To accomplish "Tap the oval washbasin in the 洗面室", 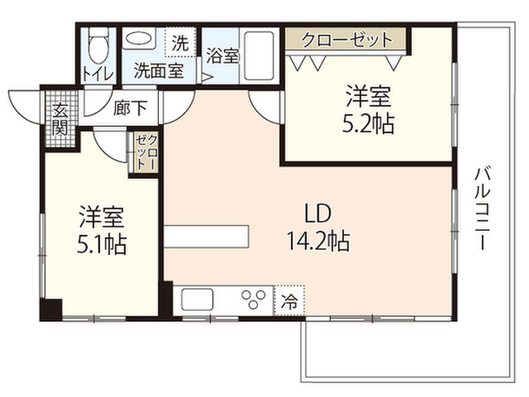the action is point(139,39).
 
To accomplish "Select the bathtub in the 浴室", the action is point(259,56).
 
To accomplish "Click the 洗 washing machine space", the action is point(180,42).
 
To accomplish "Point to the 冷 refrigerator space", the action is point(289,301).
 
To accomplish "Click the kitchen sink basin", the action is point(198,299).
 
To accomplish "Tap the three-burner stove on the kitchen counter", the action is point(254,299).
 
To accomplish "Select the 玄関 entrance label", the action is point(60,118).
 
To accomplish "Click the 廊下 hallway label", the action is point(131,108).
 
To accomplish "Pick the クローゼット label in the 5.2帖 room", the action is point(347,40).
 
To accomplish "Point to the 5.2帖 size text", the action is point(369,124).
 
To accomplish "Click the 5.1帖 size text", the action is point(102,245).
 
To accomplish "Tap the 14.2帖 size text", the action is point(318,241).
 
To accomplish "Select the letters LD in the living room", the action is point(317,213).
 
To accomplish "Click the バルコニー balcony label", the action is point(484,208).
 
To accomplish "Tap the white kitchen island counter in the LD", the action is point(207,237).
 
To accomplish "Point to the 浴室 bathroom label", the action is point(223,55).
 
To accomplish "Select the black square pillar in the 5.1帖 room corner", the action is point(51,309).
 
